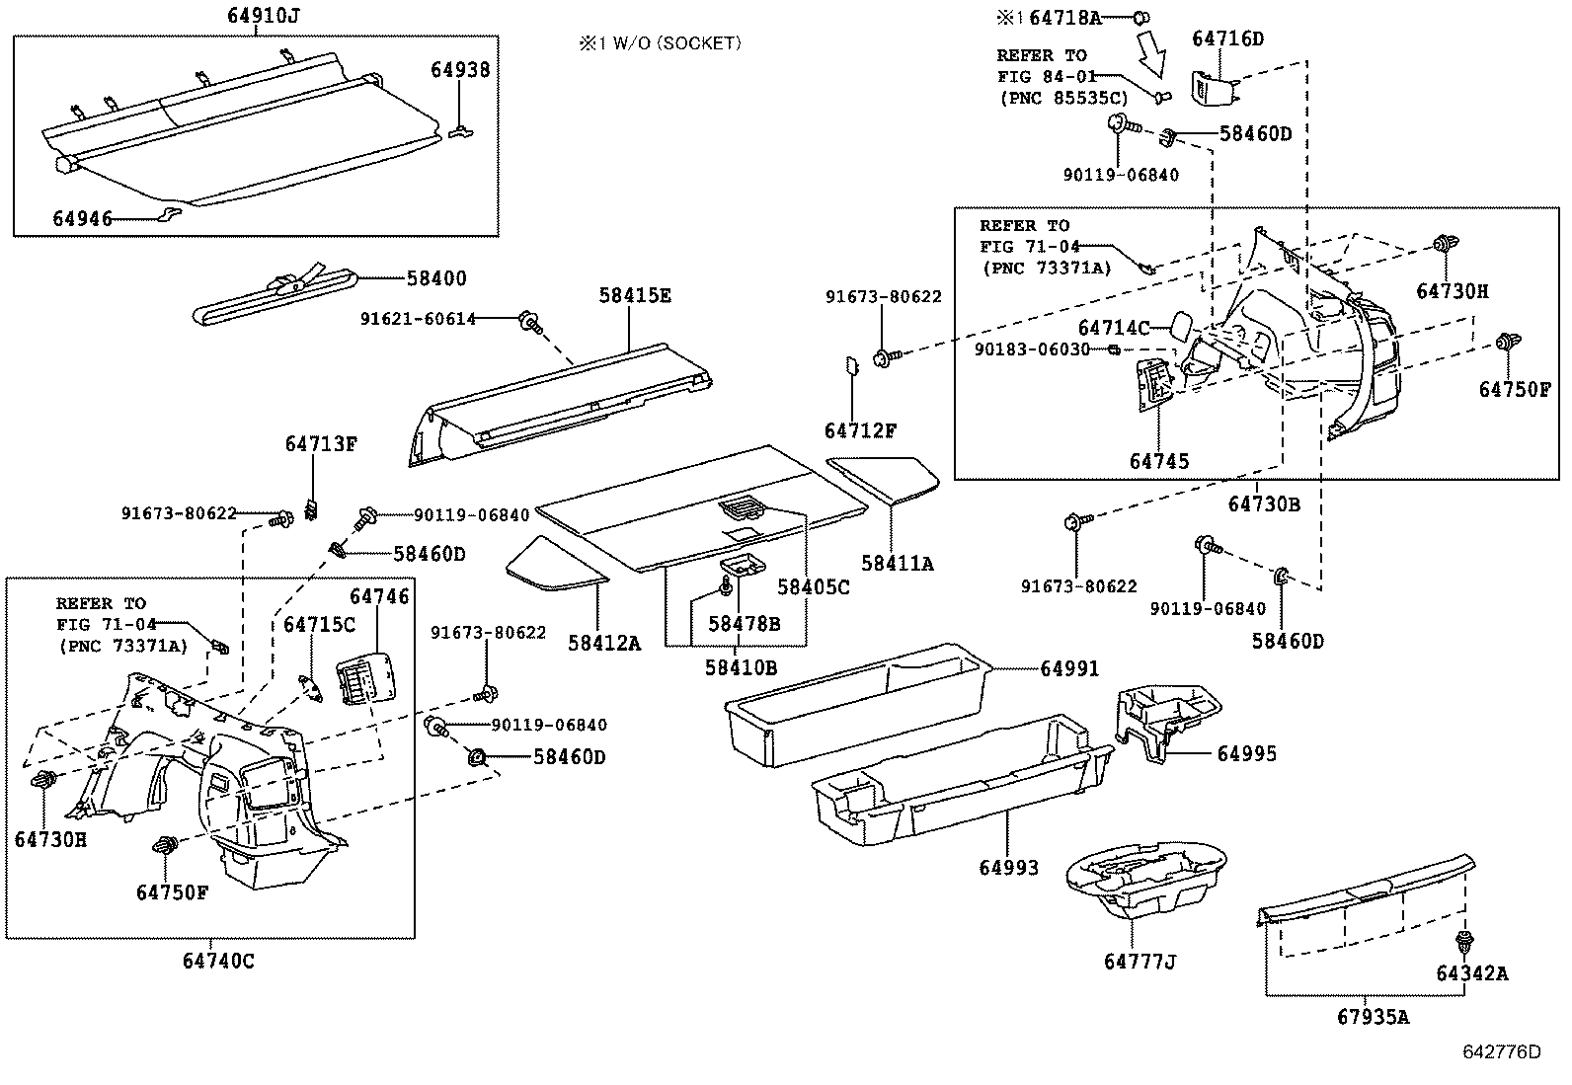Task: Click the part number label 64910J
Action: (x=255, y=17)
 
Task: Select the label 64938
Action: (x=459, y=70)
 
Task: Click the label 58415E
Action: (x=635, y=295)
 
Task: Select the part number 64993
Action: (x=1008, y=868)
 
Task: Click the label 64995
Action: (x=1246, y=754)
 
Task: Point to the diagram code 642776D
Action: (x=1501, y=1051)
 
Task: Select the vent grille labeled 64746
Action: (x=361, y=682)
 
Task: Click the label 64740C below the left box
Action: (x=218, y=960)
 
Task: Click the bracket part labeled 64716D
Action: (x=1213, y=89)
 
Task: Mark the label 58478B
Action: (x=744, y=624)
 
